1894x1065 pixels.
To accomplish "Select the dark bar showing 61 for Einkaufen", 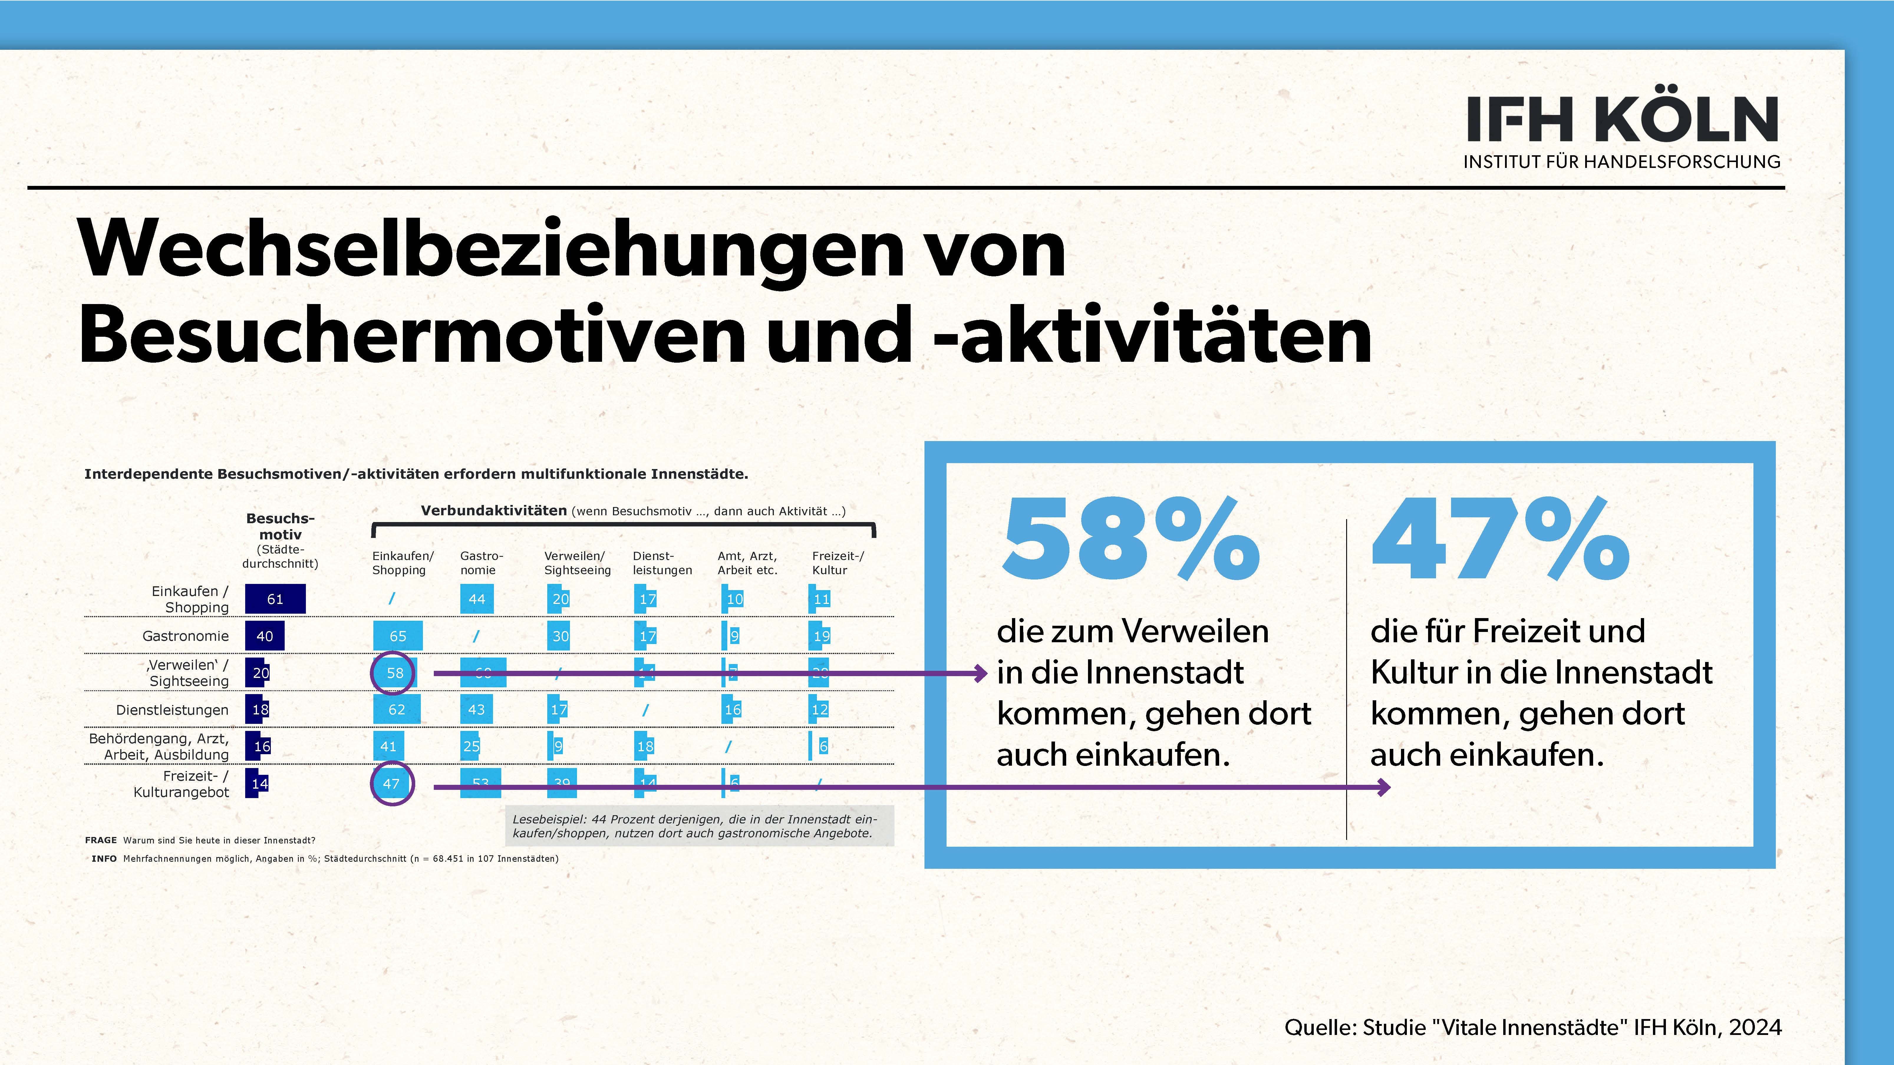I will click(275, 599).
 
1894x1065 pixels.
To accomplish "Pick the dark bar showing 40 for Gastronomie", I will click(265, 636).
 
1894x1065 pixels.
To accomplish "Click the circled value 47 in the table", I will click(391, 783).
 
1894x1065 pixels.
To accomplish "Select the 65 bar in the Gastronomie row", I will click(398, 636).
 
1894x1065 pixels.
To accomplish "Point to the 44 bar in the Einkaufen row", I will click(477, 599).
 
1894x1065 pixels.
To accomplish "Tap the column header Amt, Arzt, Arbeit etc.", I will click(747, 563).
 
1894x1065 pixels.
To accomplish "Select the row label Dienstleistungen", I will click(172, 710).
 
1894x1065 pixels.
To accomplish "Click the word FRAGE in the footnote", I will click(101, 840).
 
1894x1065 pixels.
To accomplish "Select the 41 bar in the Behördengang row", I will click(388, 746).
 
